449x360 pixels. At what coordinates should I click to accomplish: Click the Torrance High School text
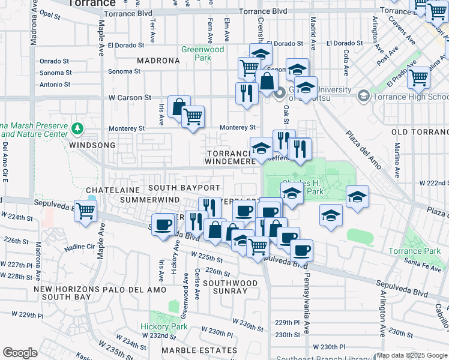point(411,97)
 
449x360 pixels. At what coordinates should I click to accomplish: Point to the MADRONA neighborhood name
point(158,61)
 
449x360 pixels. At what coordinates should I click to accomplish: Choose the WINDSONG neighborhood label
point(91,145)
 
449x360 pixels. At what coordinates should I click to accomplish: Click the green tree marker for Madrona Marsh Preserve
point(77,128)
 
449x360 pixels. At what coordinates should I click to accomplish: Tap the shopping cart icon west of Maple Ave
point(86,210)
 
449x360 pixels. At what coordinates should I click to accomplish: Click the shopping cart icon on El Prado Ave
point(418,76)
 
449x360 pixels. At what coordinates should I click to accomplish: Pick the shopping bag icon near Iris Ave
point(179,107)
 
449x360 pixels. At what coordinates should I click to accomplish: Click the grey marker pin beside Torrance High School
point(363,96)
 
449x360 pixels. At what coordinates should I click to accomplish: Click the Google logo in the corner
point(20,352)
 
